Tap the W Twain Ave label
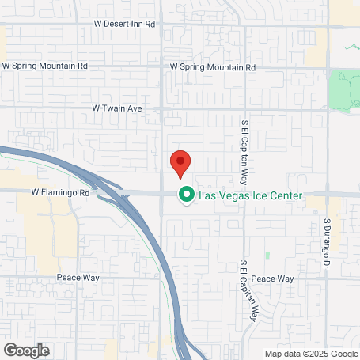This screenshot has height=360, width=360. (x=116, y=107)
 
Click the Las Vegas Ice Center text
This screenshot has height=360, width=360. (x=250, y=194)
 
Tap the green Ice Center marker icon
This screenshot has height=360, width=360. (x=187, y=194)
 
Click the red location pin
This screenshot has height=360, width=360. (x=180, y=163)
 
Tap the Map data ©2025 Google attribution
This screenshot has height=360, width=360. (x=311, y=354)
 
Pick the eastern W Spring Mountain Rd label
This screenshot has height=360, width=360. (x=214, y=67)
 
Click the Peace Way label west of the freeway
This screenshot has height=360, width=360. (x=78, y=279)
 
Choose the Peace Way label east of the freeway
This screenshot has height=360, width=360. (x=273, y=279)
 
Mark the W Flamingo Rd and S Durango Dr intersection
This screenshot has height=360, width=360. (x=326, y=194)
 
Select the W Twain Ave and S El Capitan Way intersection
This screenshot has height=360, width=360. (x=244, y=107)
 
